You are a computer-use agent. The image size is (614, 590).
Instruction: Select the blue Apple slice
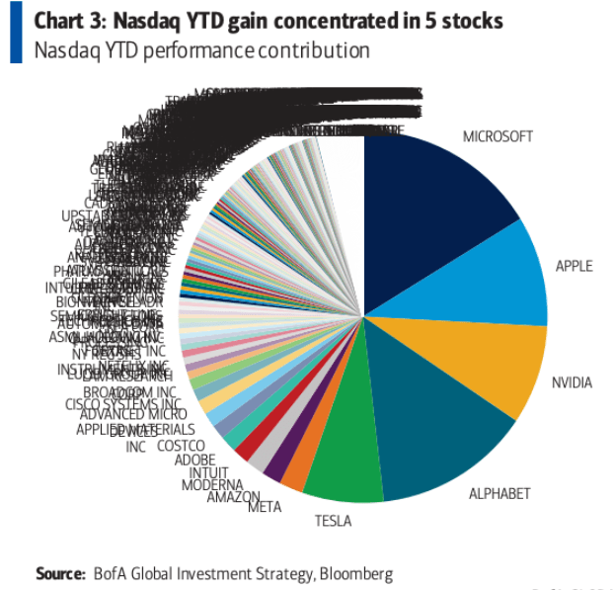[494, 277]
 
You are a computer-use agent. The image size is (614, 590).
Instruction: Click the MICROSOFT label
[498, 136]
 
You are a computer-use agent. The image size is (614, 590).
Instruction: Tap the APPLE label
[574, 266]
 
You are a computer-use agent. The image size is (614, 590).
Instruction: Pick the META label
[265, 507]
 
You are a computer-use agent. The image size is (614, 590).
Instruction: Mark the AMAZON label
[233, 496]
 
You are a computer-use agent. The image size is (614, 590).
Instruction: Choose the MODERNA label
[212, 484]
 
